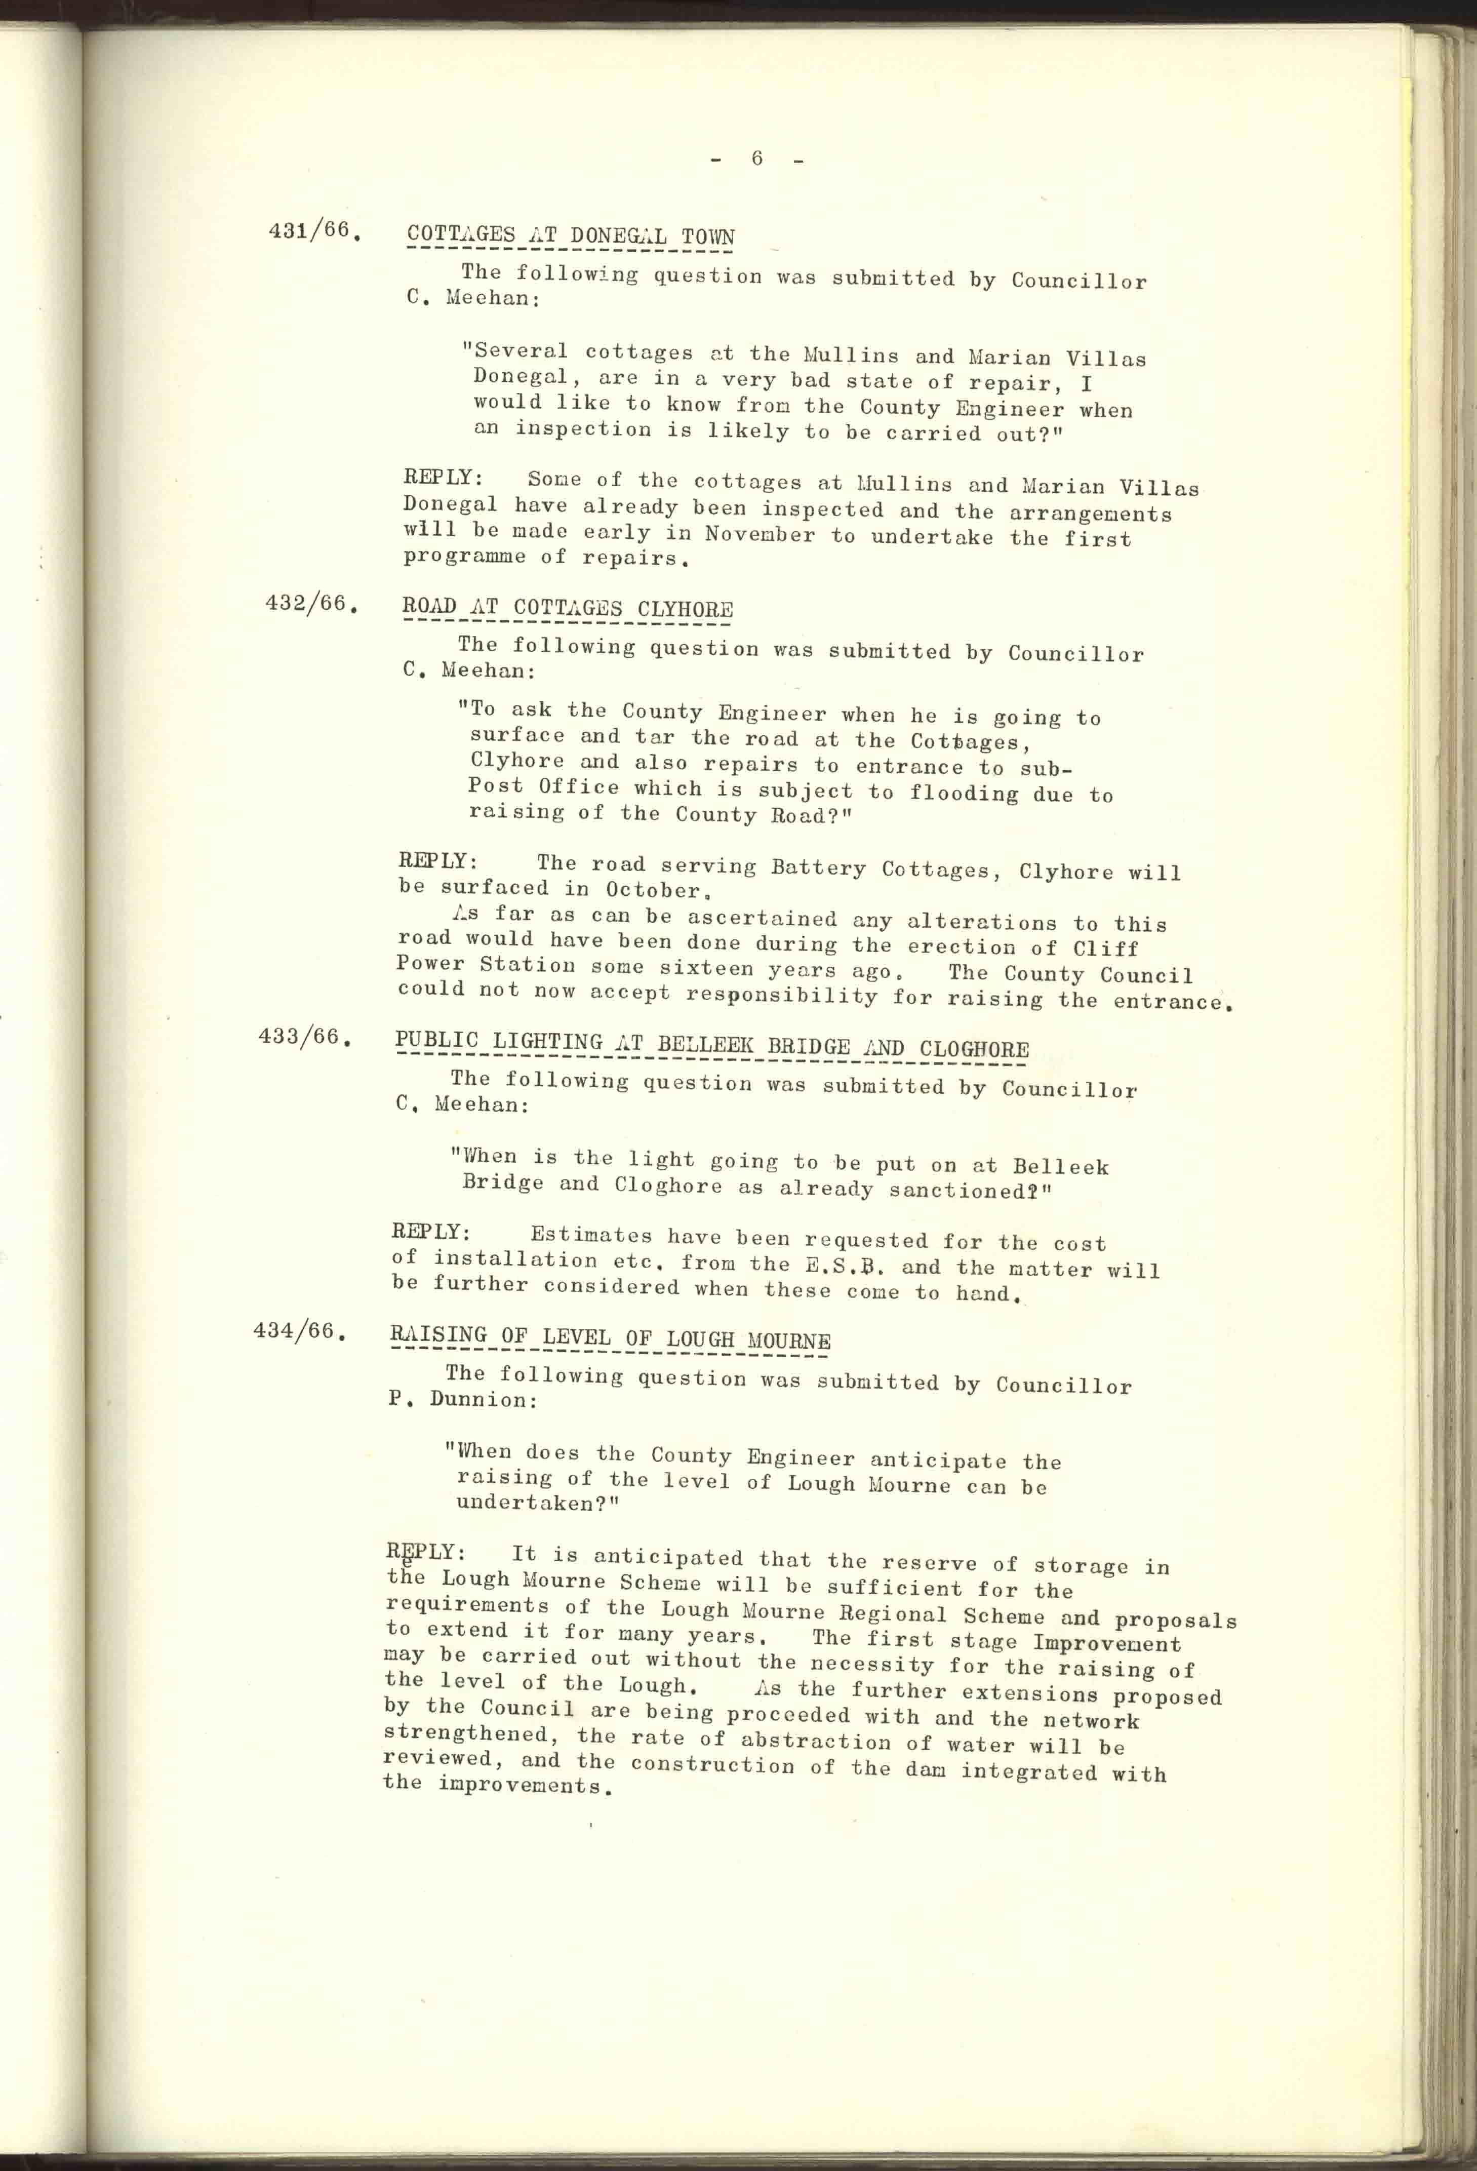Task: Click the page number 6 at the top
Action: [756, 159]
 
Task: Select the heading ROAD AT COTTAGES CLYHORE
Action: [567, 608]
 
